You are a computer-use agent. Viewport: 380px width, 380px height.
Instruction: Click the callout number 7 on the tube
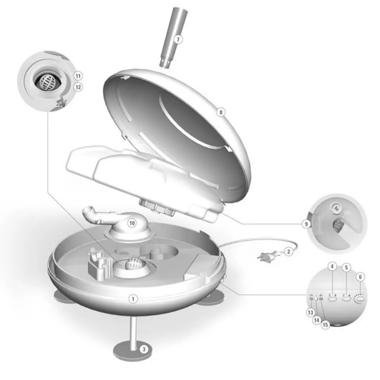point(178,39)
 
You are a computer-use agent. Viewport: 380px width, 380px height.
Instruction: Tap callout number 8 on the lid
point(221,112)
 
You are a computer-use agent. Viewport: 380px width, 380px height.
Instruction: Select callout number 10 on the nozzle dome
point(132,223)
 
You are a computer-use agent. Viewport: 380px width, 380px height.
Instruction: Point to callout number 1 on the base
point(133,299)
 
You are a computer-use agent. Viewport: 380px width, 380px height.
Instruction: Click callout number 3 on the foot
point(144,349)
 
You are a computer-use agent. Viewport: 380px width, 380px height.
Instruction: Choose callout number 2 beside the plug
point(288,252)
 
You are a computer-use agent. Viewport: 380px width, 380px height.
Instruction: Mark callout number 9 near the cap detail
point(306,224)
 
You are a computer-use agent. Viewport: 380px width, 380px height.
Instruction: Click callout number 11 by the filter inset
point(78,76)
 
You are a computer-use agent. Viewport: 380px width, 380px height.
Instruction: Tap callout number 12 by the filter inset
point(78,87)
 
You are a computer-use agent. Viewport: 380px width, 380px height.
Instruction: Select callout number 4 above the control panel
point(332,266)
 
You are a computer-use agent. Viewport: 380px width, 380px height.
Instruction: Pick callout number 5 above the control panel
point(346,268)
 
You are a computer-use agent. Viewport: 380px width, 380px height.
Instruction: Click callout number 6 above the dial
point(360,277)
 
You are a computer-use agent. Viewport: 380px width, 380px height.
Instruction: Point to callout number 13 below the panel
point(311,312)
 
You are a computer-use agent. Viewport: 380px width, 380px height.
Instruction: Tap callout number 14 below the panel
point(317,320)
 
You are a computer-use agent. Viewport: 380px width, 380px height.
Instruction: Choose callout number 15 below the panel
point(325,324)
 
